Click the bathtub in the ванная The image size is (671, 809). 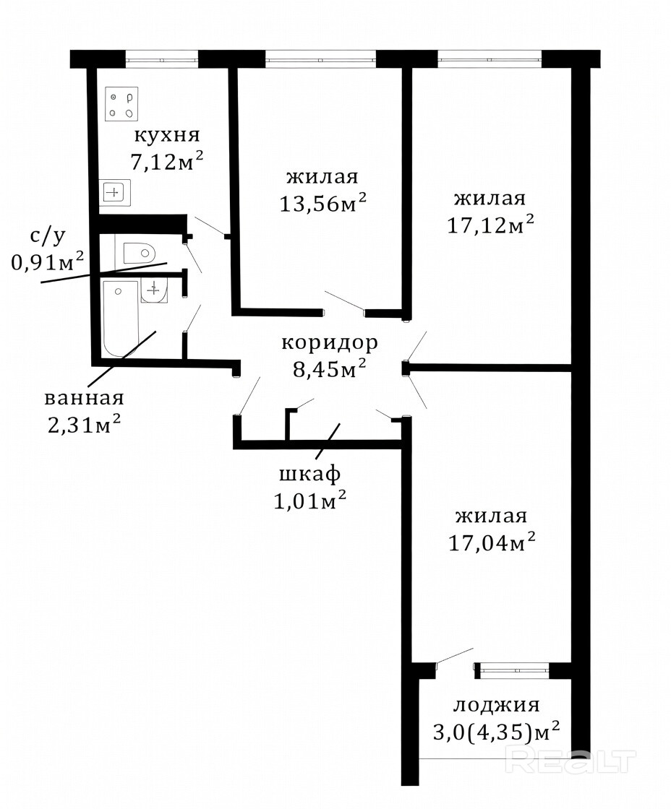click(121, 319)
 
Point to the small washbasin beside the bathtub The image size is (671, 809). click(154, 292)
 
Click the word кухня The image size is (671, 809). click(167, 135)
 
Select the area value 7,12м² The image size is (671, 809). click(166, 162)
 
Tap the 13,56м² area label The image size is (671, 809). click(322, 203)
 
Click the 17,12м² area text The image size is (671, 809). click(490, 225)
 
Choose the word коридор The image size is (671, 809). click(330, 343)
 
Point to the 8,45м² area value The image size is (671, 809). click(330, 369)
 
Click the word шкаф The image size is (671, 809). click(310, 474)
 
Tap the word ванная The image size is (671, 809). click(84, 398)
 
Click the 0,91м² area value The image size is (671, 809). click(48, 263)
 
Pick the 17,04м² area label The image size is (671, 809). click(491, 542)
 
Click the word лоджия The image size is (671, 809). click(497, 705)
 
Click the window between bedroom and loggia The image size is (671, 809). click(513, 670)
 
